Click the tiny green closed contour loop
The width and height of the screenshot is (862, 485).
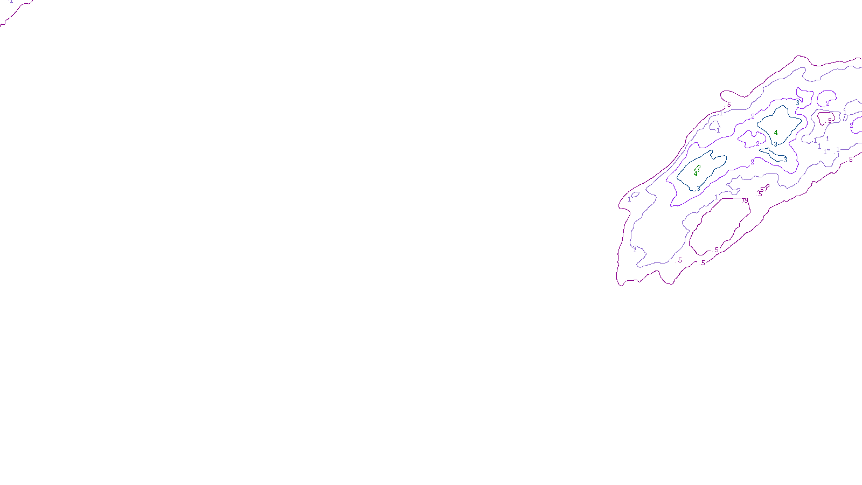tap(698, 169)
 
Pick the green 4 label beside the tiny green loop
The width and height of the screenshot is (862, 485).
tap(695, 174)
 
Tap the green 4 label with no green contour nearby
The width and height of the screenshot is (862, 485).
tap(776, 133)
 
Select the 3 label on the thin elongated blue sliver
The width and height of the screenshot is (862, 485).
tap(785, 160)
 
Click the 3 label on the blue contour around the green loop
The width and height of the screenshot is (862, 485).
tap(698, 189)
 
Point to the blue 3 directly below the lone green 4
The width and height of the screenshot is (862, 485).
tap(775, 144)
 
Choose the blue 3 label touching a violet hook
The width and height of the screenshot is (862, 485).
tap(798, 103)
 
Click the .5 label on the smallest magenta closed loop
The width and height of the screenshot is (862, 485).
tap(830, 121)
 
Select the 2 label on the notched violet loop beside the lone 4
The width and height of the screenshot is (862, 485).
tap(757, 144)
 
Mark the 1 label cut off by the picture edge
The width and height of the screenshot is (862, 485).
tap(11, 2)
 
